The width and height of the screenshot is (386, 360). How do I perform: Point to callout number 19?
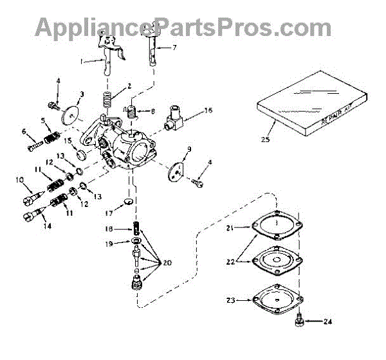(110, 244)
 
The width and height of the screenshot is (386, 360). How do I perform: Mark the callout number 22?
(230, 262)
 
